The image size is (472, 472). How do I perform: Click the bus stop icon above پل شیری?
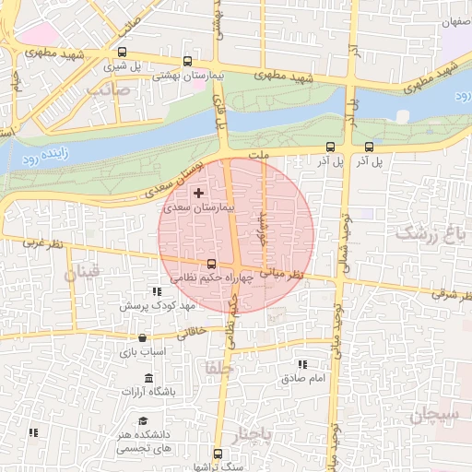point(124,53)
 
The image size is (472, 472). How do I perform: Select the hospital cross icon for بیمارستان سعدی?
point(199,193)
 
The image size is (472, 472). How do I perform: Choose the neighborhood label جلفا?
point(222,368)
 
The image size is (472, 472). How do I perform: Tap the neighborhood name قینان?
point(82,273)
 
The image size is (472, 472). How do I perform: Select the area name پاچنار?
point(254,433)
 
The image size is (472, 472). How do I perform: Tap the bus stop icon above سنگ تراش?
point(218,454)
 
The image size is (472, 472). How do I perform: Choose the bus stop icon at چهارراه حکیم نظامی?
point(212,263)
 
